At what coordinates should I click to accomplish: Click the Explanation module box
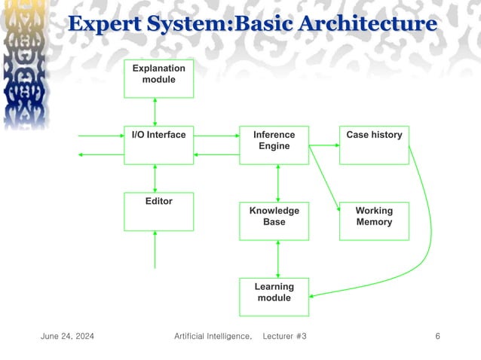click(158, 78)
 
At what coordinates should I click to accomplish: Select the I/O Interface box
click(158, 145)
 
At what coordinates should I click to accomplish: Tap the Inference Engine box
click(274, 145)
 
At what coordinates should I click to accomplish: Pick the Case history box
click(374, 145)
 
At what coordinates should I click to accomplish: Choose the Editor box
click(158, 211)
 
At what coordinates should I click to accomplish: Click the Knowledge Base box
click(274, 221)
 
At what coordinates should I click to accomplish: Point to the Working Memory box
click(374, 221)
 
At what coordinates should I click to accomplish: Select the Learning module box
click(274, 297)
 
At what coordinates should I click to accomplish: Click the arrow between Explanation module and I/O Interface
click(155, 111)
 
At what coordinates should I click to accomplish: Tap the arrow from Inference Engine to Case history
click(324, 145)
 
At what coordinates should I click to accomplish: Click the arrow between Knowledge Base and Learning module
click(279, 259)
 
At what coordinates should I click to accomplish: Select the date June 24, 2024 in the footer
click(67, 335)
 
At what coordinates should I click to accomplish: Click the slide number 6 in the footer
click(438, 335)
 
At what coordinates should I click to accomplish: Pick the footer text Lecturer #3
click(284, 335)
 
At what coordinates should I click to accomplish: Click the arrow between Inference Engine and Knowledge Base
click(279, 183)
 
